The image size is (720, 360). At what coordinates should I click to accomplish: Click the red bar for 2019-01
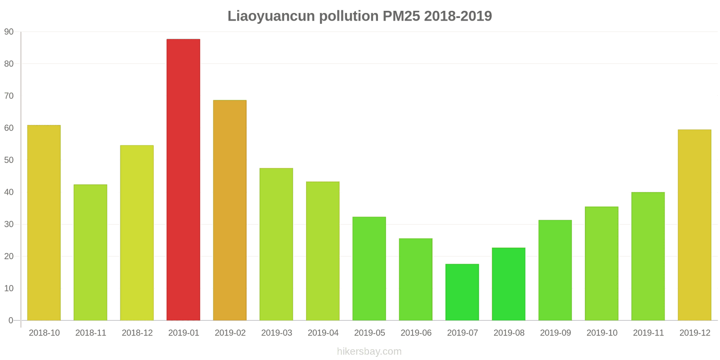183,180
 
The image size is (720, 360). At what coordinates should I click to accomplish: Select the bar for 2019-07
462,292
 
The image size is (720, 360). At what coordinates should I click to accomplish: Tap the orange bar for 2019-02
229,210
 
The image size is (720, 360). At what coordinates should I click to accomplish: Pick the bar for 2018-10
44,223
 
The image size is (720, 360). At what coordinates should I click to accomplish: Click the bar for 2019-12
694,225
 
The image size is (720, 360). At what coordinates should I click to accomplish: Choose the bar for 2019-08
508,284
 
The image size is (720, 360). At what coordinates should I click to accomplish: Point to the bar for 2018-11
90,252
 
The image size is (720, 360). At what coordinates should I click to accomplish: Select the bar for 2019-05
369,269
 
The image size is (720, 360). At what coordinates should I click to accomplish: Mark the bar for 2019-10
602,263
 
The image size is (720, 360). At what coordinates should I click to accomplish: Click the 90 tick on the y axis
9,32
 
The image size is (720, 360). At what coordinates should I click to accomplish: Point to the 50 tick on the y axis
9,160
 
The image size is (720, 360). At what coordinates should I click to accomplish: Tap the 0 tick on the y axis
11,320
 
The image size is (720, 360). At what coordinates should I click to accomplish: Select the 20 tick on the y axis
9,256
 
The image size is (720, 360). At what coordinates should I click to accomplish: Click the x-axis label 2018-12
137,333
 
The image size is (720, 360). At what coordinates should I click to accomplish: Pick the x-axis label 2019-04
323,333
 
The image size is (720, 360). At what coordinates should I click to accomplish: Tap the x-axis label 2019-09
555,333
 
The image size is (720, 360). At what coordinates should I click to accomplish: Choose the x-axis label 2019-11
648,333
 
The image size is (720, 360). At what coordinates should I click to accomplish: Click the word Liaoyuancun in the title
271,16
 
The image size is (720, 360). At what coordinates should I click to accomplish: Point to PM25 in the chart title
401,16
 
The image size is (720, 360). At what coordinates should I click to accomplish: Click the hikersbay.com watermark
369,351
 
